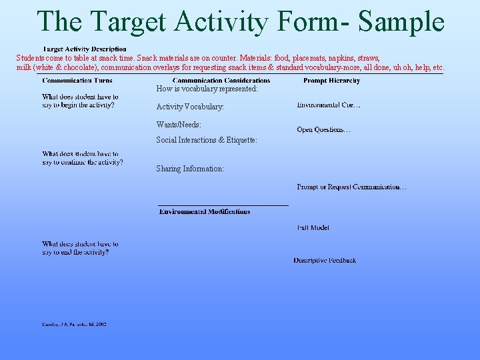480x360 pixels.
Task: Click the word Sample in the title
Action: pos(401,21)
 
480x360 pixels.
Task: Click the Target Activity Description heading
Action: pos(85,49)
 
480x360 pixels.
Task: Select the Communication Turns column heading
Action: pos(77,81)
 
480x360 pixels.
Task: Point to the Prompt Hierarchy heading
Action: pos(331,81)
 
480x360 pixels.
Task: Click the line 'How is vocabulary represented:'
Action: pos(207,89)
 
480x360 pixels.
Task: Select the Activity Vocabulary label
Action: pos(190,107)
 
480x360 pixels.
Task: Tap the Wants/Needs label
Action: pos(179,125)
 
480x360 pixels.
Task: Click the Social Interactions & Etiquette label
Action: pos(207,140)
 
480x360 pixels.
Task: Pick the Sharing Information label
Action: pos(190,169)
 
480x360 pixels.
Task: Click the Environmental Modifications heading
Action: pos(205,212)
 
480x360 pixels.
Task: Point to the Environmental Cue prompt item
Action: pos(329,105)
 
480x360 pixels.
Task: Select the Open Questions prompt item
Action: pos(323,130)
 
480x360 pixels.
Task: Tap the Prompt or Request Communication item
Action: pos(351,187)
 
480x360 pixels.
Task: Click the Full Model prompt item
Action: pos(313,228)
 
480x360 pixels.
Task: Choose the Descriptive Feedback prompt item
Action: pos(325,261)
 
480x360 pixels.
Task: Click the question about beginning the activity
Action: pos(80,101)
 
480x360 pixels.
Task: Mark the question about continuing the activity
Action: pos(82,158)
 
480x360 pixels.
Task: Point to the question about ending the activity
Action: pos(80,248)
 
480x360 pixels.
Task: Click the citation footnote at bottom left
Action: pos(74,325)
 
